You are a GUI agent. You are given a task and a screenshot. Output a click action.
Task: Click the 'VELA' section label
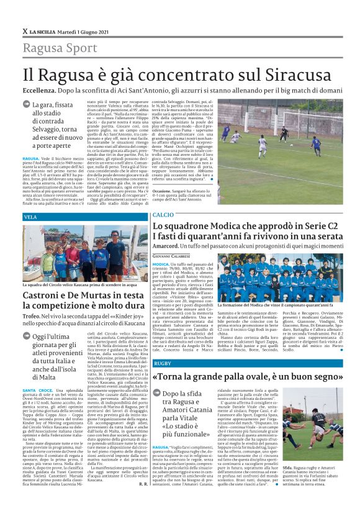point(30,217)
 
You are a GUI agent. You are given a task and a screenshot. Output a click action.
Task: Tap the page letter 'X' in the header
point(25,31)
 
